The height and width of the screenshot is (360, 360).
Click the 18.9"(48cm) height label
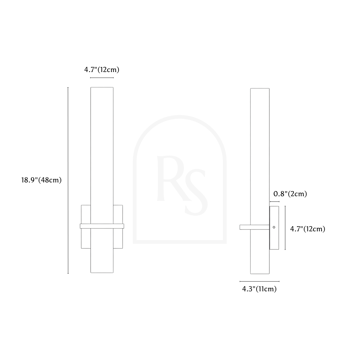click(x=41, y=180)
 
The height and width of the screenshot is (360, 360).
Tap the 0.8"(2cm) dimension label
click(x=290, y=194)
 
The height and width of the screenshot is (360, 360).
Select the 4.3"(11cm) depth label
click(x=259, y=289)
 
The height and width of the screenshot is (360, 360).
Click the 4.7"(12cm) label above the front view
click(x=102, y=70)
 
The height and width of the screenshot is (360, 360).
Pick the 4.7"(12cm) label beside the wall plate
click(x=308, y=229)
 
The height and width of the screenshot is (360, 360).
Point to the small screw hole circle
click(x=274, y=227)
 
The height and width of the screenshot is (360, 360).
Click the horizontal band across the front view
click(x=102, y=226)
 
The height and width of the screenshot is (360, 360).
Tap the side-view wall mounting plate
click(x=274, y=228)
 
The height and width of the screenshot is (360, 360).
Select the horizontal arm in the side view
click(x=254, y=227)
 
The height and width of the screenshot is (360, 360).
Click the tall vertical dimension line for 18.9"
click(x=68, y=181)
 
